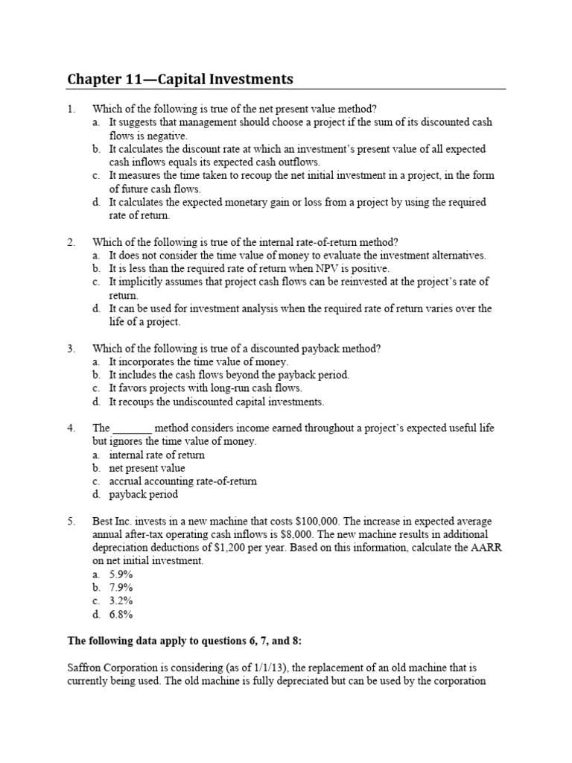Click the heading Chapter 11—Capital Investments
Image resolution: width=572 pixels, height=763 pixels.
(x=179, y=79)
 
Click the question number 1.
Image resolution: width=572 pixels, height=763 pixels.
(x=71, y=109)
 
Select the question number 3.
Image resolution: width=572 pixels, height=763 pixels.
(x=71, y=348)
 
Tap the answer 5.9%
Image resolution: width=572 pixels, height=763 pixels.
(x=121, y=574)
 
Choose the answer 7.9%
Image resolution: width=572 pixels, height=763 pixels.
(x=121, y=588)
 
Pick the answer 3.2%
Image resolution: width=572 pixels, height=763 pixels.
(x=121, y=601)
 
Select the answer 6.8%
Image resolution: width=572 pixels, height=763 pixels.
(x=121, y=615)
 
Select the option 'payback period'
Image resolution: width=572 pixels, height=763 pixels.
(x=144, y=494)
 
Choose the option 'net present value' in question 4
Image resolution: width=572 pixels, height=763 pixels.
(x=147, y=468)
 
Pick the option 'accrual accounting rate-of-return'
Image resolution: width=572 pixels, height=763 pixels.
(x=182, y=481)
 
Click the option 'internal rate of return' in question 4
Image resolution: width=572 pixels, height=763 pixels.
(x=156, y=455)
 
